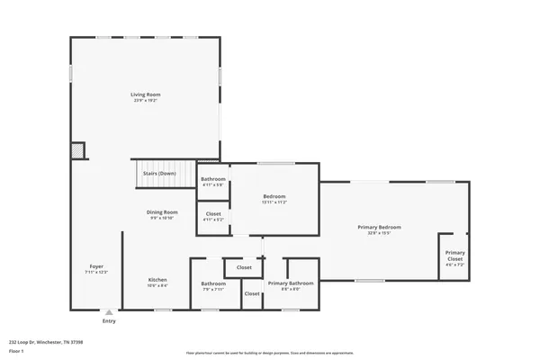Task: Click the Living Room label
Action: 144,94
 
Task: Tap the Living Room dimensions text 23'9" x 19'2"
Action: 144,100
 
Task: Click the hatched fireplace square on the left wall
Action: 78,150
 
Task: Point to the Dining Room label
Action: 162,212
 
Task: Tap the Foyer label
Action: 96,266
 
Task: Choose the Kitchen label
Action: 157,279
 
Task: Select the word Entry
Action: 109,321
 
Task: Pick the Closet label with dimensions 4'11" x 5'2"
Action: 213,213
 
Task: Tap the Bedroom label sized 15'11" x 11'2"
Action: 274,196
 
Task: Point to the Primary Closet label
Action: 455,256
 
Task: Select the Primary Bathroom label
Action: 290,283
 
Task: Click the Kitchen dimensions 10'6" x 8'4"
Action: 157,285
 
